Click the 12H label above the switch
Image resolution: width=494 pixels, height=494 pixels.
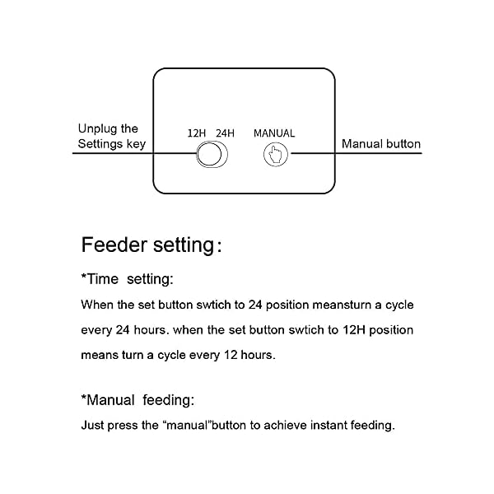(196, 133)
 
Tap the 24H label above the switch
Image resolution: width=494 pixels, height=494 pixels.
(225, 133)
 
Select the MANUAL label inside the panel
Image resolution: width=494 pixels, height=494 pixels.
(274, 133)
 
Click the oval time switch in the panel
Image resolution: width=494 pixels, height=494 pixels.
(212, 155)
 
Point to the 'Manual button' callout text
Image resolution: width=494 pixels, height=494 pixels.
(381, 144)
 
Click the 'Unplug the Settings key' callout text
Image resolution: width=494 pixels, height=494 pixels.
(112, 137)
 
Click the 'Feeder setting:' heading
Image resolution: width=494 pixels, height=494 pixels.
(151, 245)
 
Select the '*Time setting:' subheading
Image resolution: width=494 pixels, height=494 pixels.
(127, 279)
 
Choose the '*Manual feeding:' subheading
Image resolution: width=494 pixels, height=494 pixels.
(137, 400)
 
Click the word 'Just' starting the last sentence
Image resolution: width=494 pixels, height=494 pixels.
(92, 426)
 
